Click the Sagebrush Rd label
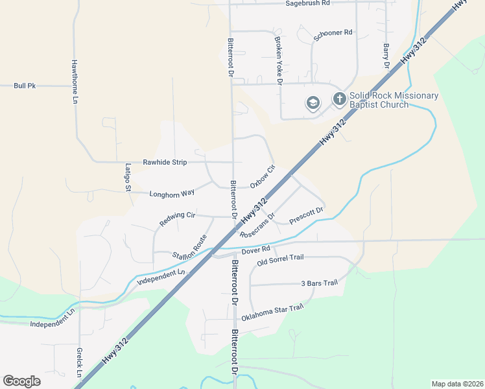click(x=308, y=3)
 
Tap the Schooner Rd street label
click(x=333, y=32)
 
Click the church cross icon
click(x=339, y=99)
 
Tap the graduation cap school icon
click(x=313, y=103)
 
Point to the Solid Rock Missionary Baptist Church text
click(x=394, y=100)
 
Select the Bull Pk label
click(x=25, y=86)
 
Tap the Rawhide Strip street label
click(x=165, y=162)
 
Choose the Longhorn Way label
click(x=172, y=193)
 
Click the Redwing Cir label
click(x=177, y=219)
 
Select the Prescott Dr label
click(x=306, y=215)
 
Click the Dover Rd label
click(x=255, y=250)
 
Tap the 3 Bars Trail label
click(x=320, y=283)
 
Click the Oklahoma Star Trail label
click(x=272, y=313)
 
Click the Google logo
click(x=21, y=381)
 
